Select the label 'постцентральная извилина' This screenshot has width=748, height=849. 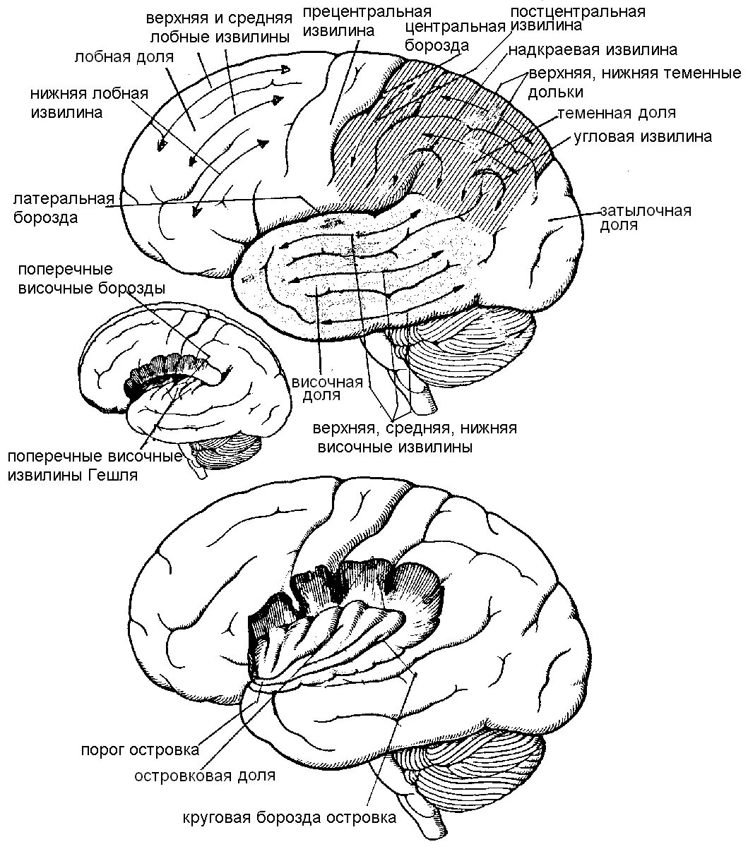[577, 18]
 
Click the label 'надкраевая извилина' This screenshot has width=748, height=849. [592, 50]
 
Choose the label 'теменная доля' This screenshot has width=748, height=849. [616, 113]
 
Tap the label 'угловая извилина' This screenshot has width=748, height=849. [641, 137]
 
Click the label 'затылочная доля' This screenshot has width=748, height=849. [645, 218]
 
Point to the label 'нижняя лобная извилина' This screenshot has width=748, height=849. [89, 103]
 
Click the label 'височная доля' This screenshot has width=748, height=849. [327, 388]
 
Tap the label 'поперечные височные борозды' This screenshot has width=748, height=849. [93, 279]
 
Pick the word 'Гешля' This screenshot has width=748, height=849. [113, 475]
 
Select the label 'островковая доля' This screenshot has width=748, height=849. [205, 775]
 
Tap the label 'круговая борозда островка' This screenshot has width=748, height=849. [288, 818]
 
